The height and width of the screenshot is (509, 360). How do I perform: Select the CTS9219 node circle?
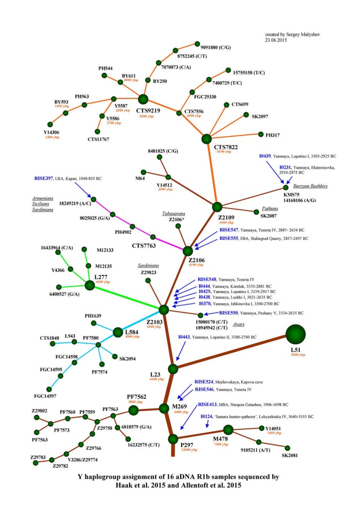(x=143, y=100)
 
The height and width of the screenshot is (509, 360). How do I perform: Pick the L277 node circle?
(x=90, y=285)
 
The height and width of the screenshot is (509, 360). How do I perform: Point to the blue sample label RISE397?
(x=44, y=178)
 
